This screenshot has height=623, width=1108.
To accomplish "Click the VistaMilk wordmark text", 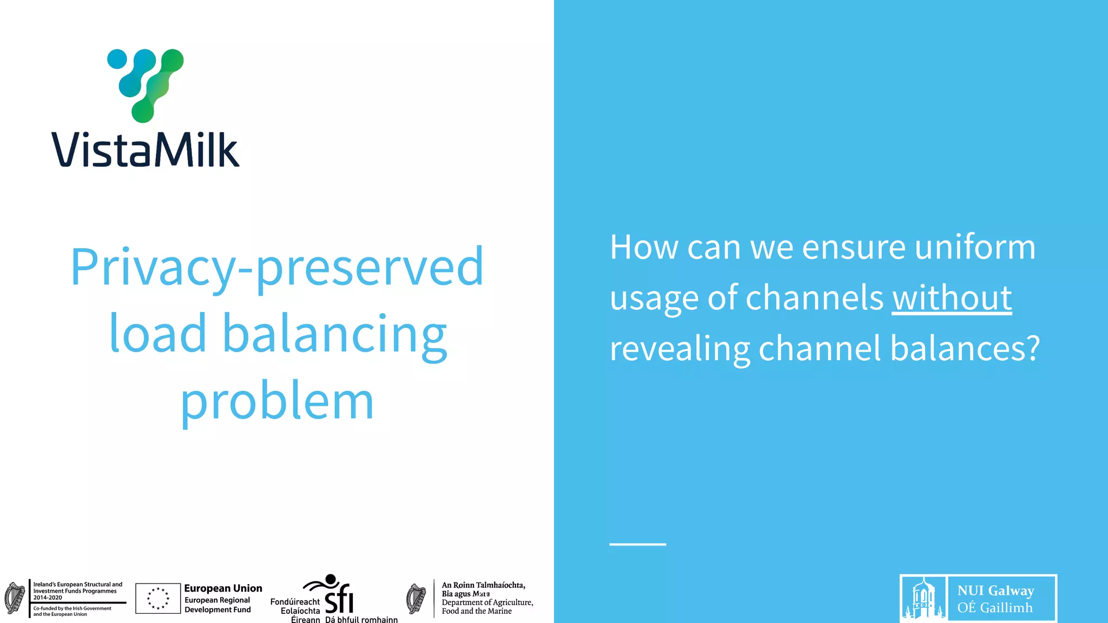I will (145, 149).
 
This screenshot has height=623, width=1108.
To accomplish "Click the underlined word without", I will (952, 297).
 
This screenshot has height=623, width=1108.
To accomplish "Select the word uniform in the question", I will (975, 247).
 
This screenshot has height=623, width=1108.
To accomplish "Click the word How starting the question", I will (644, 247).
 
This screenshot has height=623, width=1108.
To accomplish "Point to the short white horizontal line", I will (637, 544).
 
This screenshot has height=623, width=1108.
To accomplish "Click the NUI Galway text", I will (995, 591).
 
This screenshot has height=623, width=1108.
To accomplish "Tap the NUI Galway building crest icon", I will (924, 599).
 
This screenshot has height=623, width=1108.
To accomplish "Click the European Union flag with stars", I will (158, 599).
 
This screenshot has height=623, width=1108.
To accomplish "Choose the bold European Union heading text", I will (223, 588).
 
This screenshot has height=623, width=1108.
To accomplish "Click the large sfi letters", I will (339, 599).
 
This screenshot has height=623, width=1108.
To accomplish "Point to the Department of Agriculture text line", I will (487, 602).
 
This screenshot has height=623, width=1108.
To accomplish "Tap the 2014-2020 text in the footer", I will (48, 598).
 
